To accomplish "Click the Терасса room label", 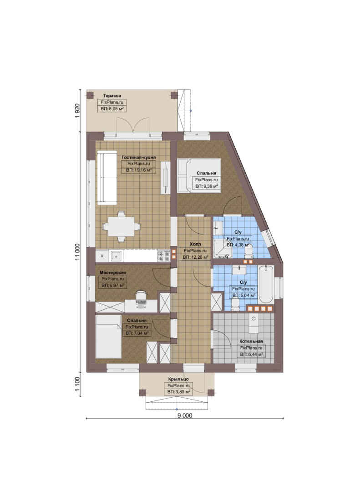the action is pyautogui.click(x=112, y=95).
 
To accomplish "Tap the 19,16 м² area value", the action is pyautogui.click(x=142, y=170).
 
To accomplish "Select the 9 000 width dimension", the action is pyautogui.click(x=185, y=415).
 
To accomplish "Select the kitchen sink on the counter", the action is pyautogui.click(x=117, y=256).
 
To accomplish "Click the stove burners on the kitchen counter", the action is pyautogui.click(x=163, y=256).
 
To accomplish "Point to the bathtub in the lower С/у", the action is pyautogui.click(x=266, y=284).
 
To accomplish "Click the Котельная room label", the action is pyautogui.click(x=251, y=341).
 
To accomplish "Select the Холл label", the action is pyautogui.click(x=195, y=244).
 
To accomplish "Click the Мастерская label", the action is pyautogui.click(x=112, y=272).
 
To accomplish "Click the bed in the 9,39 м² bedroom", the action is pyautogui.click(x=198, y=175).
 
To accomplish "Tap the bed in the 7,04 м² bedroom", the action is pyautogui.click(x=108, y=337).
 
